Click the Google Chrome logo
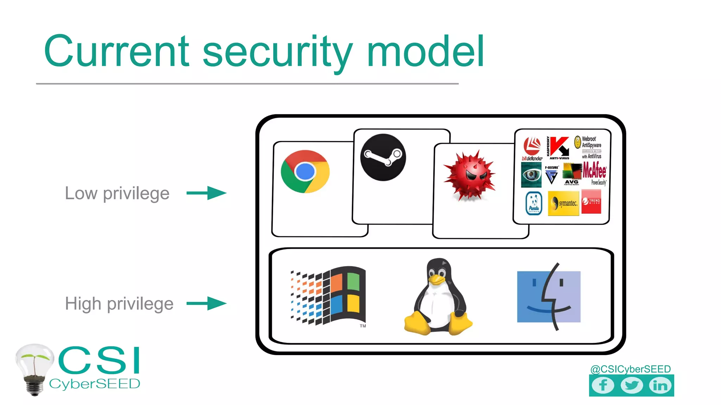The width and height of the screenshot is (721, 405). [x=305, y=172]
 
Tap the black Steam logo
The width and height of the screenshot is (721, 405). [x=383, y=157]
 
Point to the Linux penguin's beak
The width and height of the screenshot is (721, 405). [x=437, y=279]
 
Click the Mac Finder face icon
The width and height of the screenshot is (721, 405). [x=548, y=296]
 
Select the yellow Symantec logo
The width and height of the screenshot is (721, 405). [x=563, y=203]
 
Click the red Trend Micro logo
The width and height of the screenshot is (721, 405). [x=591, y=201]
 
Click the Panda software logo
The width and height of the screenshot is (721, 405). [x=534, y=203]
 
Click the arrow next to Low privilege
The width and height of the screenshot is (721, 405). [x=207, y=193]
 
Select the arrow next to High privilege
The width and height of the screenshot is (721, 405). [x=207, y=303]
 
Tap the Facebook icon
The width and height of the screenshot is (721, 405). [x=603, y=385]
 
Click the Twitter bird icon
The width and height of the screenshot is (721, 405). [x=632, y=385]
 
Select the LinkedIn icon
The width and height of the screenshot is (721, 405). [x=660, y=385]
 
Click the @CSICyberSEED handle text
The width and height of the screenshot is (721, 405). [x=630, y=369]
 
